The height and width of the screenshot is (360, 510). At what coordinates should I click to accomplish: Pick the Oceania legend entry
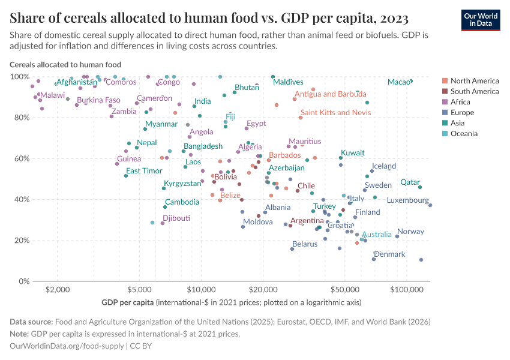464,133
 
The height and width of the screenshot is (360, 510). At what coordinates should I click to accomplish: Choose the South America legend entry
474,91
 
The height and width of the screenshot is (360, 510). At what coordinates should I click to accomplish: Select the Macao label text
398,82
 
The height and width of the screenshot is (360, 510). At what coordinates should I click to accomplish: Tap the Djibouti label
176,218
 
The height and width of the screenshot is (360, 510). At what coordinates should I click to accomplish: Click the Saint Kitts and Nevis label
335,112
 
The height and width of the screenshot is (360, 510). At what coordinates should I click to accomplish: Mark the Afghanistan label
77,82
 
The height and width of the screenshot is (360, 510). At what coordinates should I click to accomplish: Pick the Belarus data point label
305,244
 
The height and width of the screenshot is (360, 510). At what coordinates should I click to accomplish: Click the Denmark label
389,254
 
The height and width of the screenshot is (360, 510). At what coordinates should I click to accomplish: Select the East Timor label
144,170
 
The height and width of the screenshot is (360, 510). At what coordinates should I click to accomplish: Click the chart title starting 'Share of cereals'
209,17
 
